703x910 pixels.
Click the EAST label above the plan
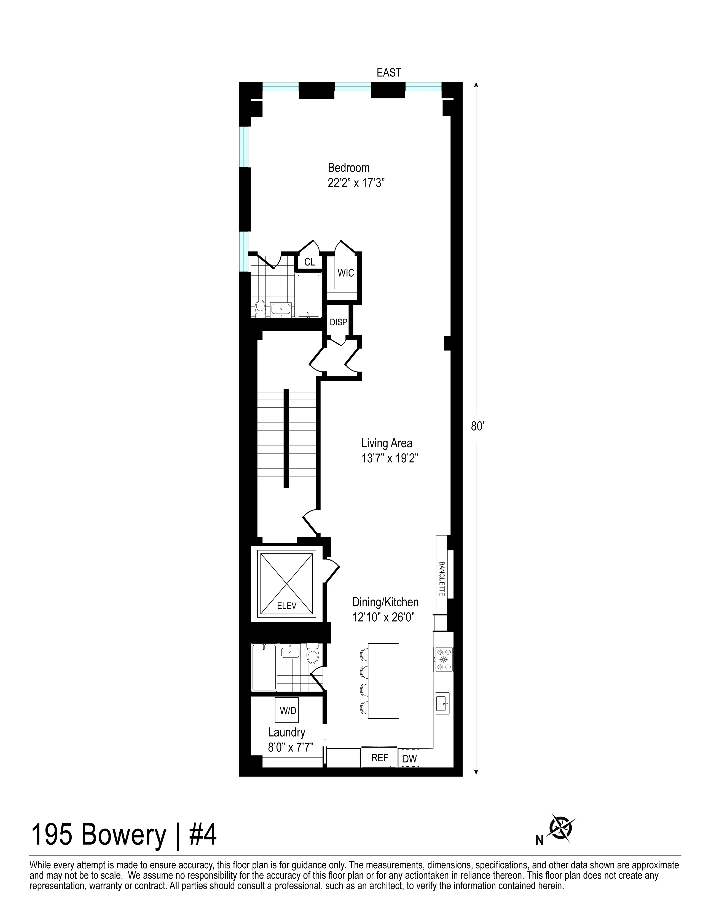[x=388, y=73]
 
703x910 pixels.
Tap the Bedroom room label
[x=348, y=168]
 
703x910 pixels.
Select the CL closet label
[x=309, y=262]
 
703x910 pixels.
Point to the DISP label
[x=338, y=322]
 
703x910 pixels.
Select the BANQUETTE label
[x=442, y=579]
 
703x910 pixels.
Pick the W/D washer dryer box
[x=287, y=710]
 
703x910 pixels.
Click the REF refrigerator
[x=379, y=758]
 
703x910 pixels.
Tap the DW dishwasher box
[x=410, y=759]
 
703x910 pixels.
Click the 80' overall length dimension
[x=476, y=426]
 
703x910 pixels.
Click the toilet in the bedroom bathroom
[x=260, y=307]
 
